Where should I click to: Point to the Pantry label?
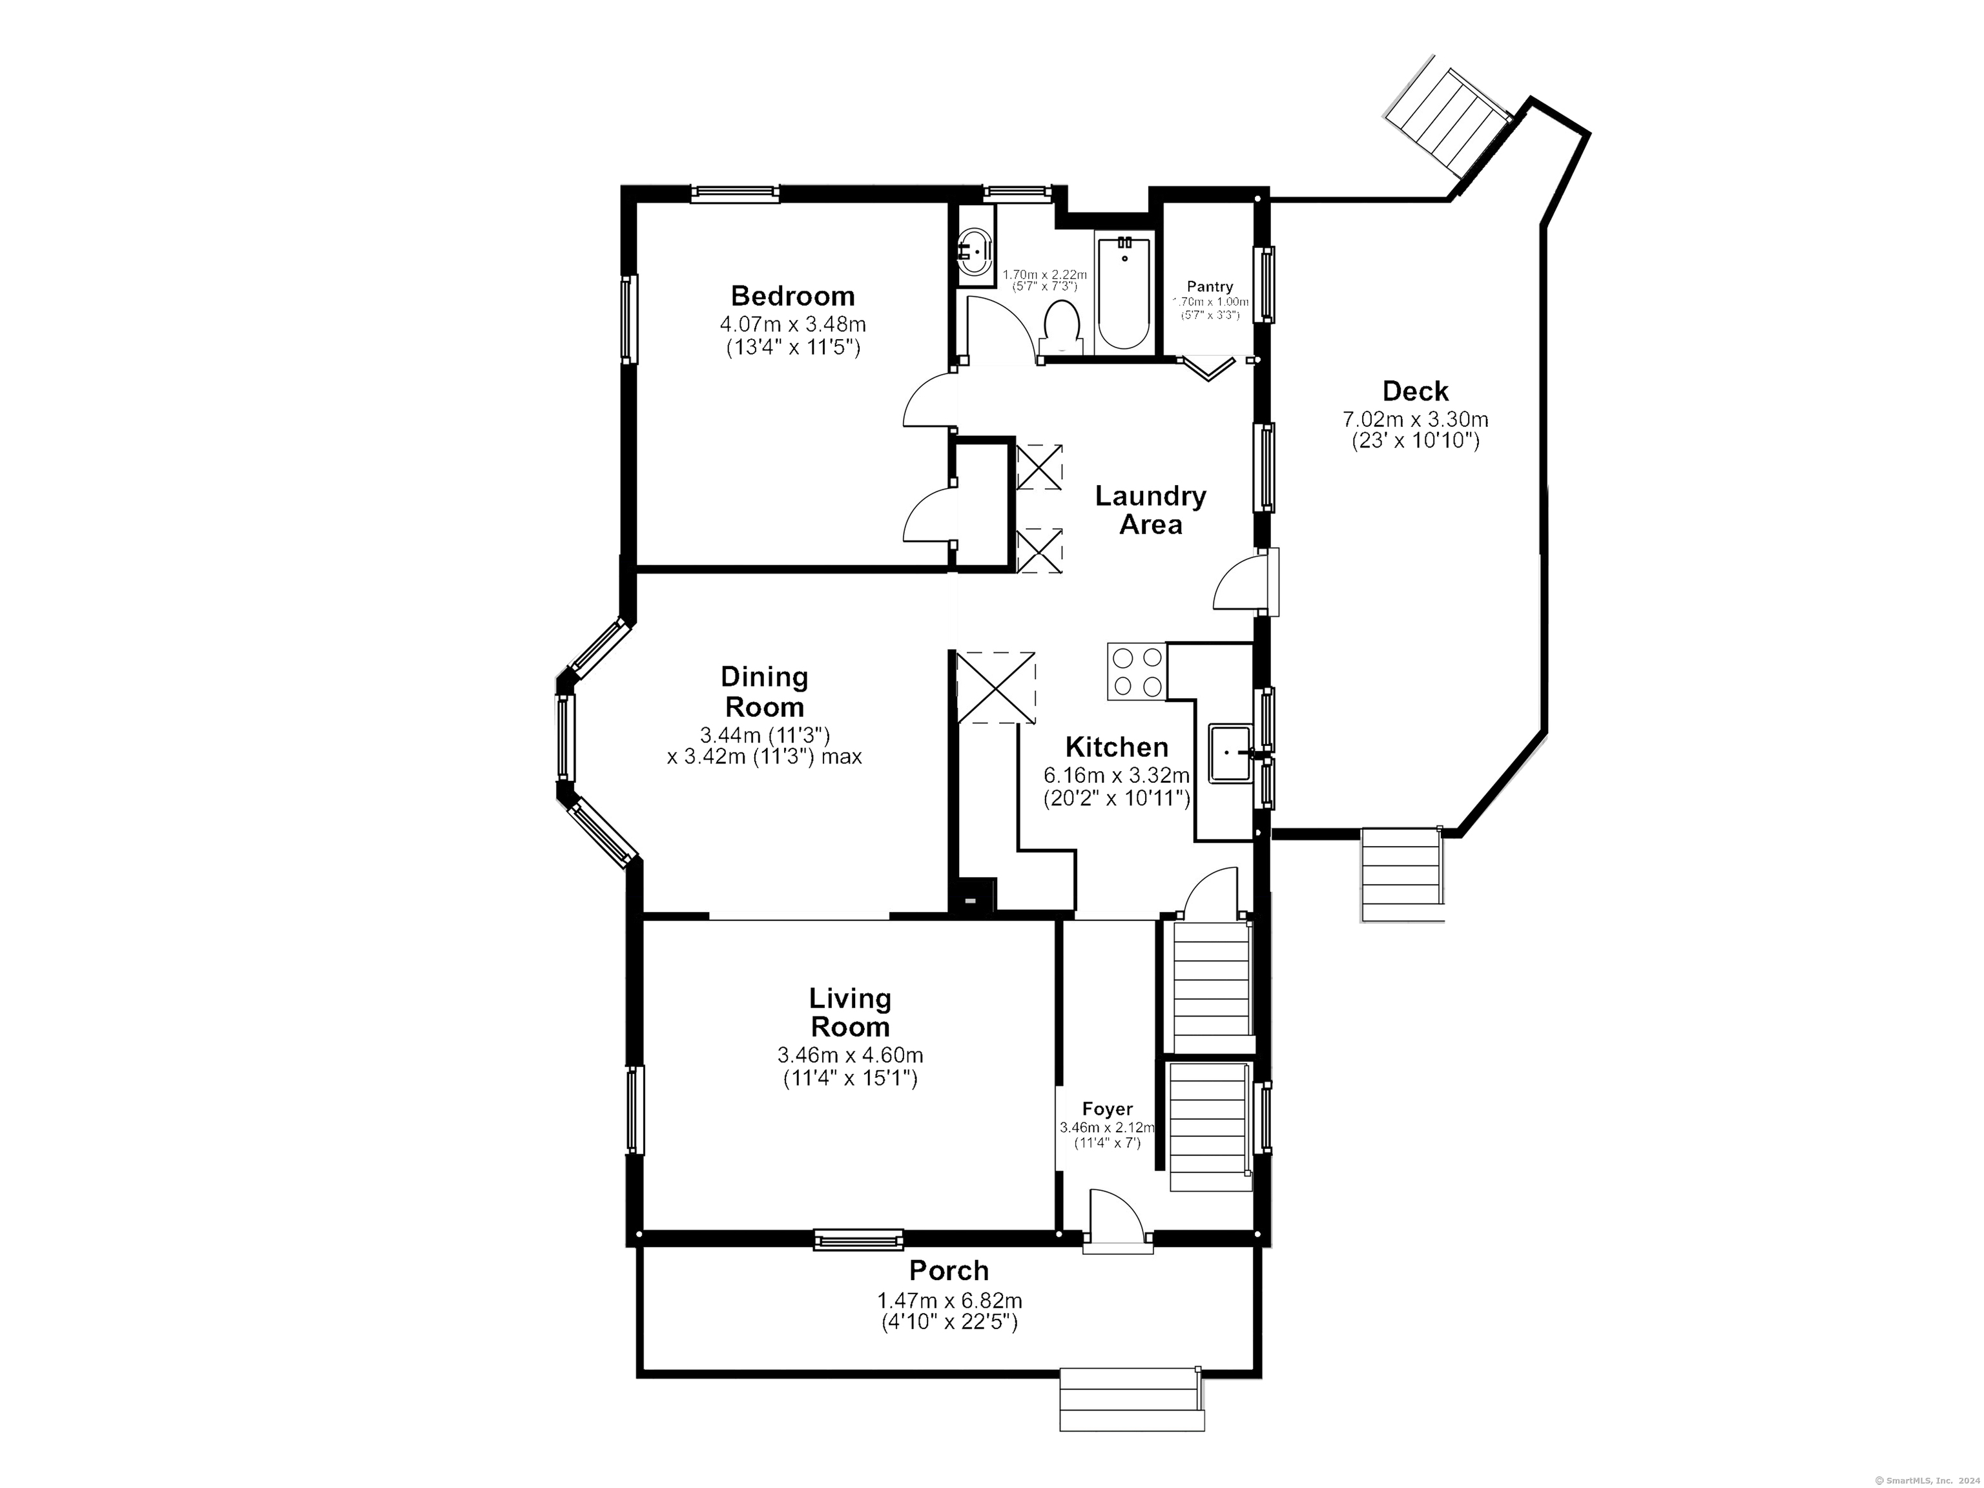[x=1210, y=287]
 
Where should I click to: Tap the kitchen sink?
[x=1230, y=754]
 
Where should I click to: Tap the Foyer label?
[x=1107, y=1110]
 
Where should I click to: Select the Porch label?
[x=948, y=1271]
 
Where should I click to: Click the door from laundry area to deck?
[x=1242, y=583]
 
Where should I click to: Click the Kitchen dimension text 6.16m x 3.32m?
[x=1116, y=775]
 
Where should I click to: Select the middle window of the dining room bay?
[x=564, y=738]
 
